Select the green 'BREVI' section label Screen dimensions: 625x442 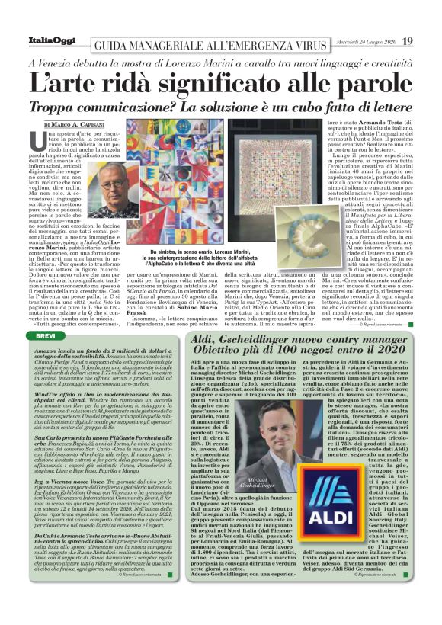tap(46, 314)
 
